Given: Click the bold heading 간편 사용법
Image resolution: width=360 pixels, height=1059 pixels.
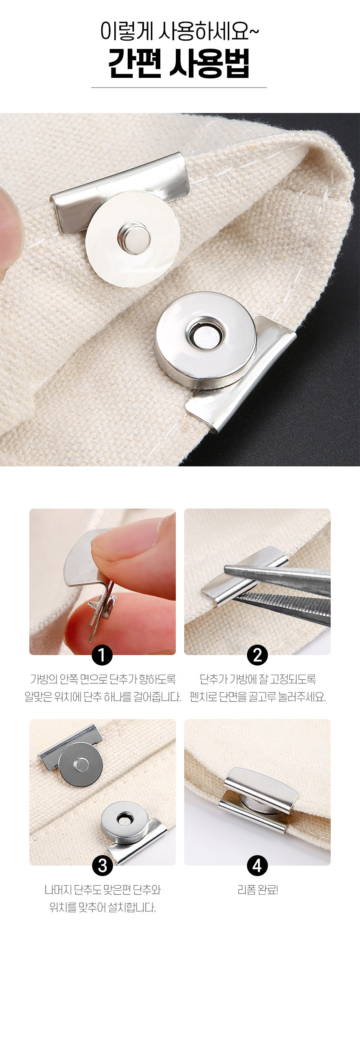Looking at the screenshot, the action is (x=179, y=64).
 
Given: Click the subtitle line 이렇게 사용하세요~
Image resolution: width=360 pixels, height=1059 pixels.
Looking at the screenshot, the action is (x=180, y=32).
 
